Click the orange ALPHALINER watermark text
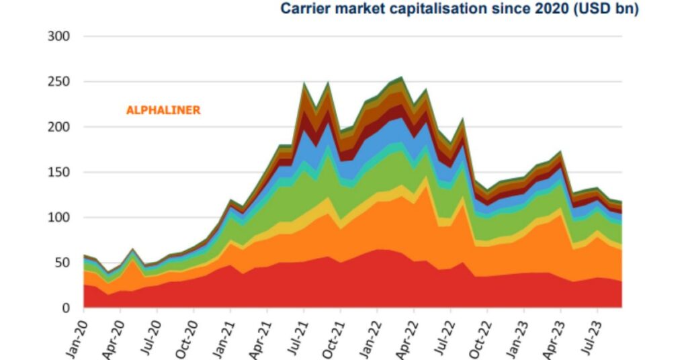(x=163, y=110)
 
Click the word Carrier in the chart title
(x=304, y=9)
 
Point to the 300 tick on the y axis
(x=58, y=36)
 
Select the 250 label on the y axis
(x=58, y=82)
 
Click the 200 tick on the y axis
(x=58, y=127)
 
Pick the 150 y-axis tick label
(x=58, y=173)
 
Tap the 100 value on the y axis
(x=58, y=218)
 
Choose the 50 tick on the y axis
(x=62, y=263)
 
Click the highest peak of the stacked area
(x=402, y=77)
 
